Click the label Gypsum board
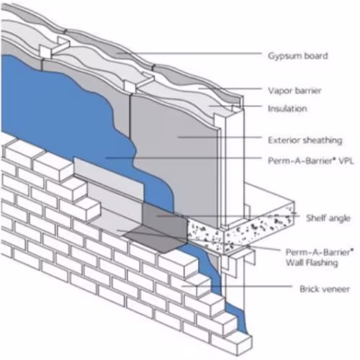pyautogui.click(x=298, y=56)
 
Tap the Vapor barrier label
pyautogui.click(x=294, y=91)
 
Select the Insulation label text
pyautogui.click(x=287, y=109)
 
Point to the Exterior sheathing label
pyautogui.click(x=305, y=140)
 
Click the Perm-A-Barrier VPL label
pyautogui.click(x=311, y=161)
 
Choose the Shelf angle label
pyautogui.click(x=328, y=218)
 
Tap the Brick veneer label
pyautogui.click(x=325, y=289)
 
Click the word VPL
pyautogui.click(x=346, y=161)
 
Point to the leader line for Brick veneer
pyautogui.click(x=237, y=286)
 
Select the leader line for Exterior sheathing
pyautogui.click(x=220, y=138)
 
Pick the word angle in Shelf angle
pyautogui.click(x=339, y=219)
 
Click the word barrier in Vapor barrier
pyautogui.click(x=308, y=91)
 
